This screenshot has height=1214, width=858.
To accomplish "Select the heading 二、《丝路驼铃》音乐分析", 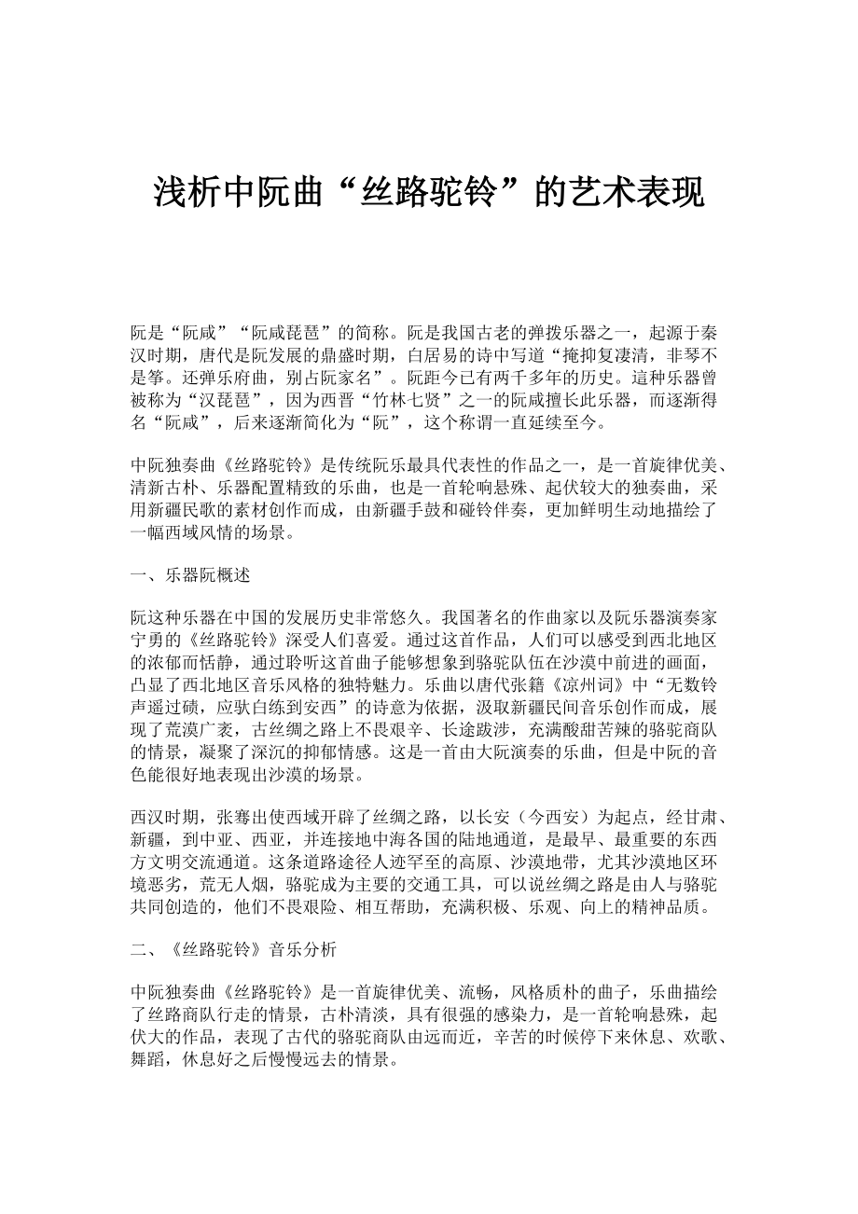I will [228, 950].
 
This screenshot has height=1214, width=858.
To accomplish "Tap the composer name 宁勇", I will [146, 641].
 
